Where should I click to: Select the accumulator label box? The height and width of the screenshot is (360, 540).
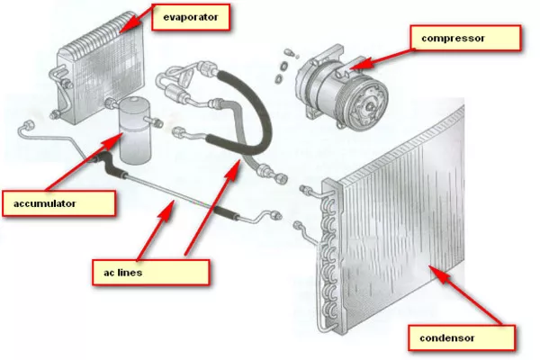click(59, 202)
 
